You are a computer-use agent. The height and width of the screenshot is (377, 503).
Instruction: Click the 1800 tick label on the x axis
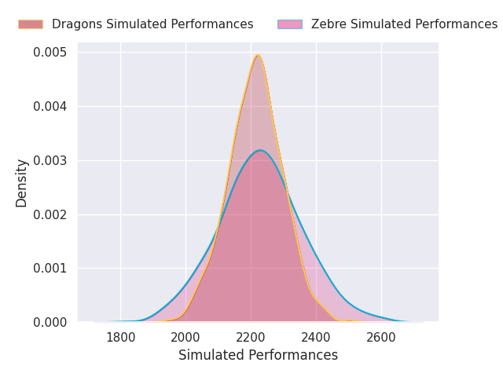coord(120,337)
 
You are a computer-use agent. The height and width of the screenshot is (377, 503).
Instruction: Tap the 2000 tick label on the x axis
coord(185,337)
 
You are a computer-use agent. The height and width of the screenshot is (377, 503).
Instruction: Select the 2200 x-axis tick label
coord(251,337)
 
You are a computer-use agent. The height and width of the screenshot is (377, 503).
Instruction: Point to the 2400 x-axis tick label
coord(316,337)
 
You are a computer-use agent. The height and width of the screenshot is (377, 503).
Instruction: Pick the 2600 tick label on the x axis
coord(381,337)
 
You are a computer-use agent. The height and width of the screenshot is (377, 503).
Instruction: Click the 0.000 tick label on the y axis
coord(50,323)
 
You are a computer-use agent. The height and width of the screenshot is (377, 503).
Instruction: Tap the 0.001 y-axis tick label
coord(50,269)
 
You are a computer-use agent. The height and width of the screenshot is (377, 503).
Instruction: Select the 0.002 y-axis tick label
coord(50,214)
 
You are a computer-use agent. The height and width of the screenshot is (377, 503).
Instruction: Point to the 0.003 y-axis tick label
coord(50,161)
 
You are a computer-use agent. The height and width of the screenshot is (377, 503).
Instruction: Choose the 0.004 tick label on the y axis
coord(50,107)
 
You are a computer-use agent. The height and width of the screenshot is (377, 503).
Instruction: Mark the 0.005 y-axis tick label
coord(50,53)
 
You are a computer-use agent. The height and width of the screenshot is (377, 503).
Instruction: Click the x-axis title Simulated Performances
coord(258,356)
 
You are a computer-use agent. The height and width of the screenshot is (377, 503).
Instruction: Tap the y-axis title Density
coord(22,182)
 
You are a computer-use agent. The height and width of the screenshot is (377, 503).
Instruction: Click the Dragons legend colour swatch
coord(30,24)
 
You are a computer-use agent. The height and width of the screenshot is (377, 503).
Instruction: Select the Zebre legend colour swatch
coord(289,24)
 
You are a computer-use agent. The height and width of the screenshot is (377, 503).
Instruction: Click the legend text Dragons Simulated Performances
coord(152,24)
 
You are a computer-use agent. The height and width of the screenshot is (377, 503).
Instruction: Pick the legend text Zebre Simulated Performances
coord(404,24)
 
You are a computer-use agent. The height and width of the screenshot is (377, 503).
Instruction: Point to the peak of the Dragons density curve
coord(257,55)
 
